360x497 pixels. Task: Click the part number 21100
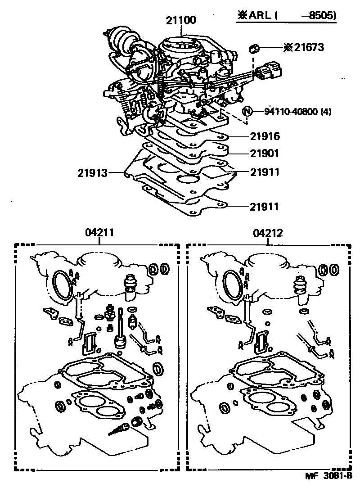[180, 20]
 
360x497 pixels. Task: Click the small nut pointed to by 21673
[255, 47]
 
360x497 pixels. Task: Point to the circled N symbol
[247, 111]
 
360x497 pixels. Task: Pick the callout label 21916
[265, 136]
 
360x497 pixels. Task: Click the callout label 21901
[265, 154]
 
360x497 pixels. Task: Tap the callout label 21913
[92, 172]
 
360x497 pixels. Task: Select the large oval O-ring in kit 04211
[63, 285]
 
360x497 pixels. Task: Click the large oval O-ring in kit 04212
[232, 285]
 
